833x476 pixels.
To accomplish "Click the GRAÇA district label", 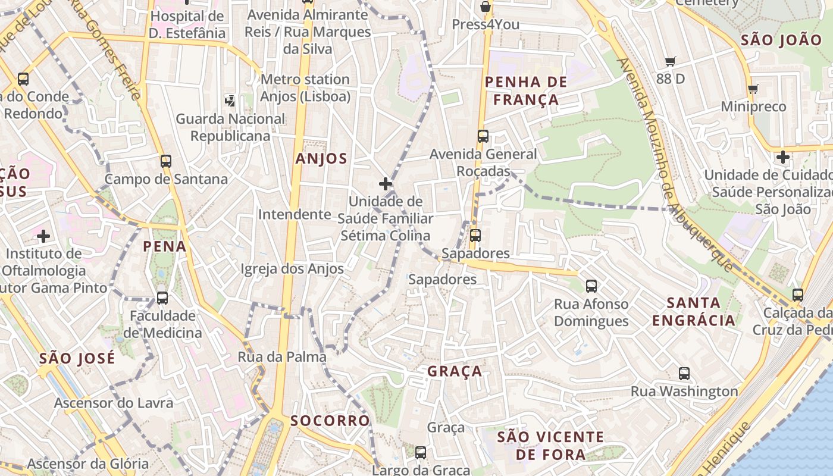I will (x=455, y=371).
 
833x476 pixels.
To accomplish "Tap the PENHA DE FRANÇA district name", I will (x=526, y=90).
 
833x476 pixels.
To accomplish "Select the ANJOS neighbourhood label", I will (x=321, y=158).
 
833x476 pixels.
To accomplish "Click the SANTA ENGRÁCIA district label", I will (x=694, y=312).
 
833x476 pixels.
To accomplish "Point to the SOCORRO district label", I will (x=330, y=421).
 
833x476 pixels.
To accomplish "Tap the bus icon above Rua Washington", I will (x=684, y=374).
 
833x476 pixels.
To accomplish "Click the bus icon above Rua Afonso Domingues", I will (x=591, y=286).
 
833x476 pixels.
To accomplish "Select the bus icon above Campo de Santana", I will (x=166, y=161).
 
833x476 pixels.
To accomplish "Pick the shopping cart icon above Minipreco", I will (x=753, y=89).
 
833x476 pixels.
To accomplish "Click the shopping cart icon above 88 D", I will (x=671, y=61).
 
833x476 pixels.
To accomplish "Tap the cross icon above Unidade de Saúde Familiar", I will (x=386, y=184).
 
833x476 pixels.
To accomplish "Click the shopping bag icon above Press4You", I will (x=486, y=7).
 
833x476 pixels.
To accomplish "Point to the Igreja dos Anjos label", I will (x=292, y=269).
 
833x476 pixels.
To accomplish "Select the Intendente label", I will (x=295, y=214).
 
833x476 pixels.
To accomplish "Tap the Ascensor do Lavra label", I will (x=114, y=403).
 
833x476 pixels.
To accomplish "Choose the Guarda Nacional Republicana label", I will (x=230, y=127).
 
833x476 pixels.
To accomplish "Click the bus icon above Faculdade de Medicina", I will (x=162, y=298).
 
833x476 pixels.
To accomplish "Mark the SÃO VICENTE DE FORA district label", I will (x=550, y=446).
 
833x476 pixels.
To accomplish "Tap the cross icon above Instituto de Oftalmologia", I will (x=43, y=237).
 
